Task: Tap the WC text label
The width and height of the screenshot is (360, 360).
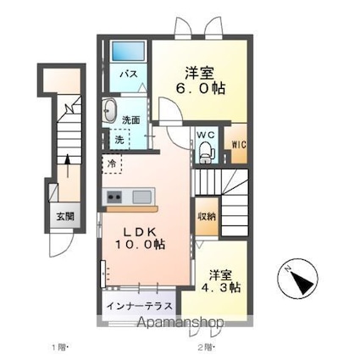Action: click(x=206, y=134)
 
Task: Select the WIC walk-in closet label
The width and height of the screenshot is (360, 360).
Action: click(x=238, y=144)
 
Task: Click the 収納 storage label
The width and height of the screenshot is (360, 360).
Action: click(x=206, y=216)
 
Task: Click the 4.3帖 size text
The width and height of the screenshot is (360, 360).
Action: click(x=224, y=287)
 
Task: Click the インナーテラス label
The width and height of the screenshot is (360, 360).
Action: click(x=140, y=306)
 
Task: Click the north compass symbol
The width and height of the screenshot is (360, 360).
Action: click(x=298, y=279)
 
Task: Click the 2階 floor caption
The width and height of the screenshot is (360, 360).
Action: click(x=206, y=347)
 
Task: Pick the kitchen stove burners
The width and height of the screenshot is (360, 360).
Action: click(x=114, y=198)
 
